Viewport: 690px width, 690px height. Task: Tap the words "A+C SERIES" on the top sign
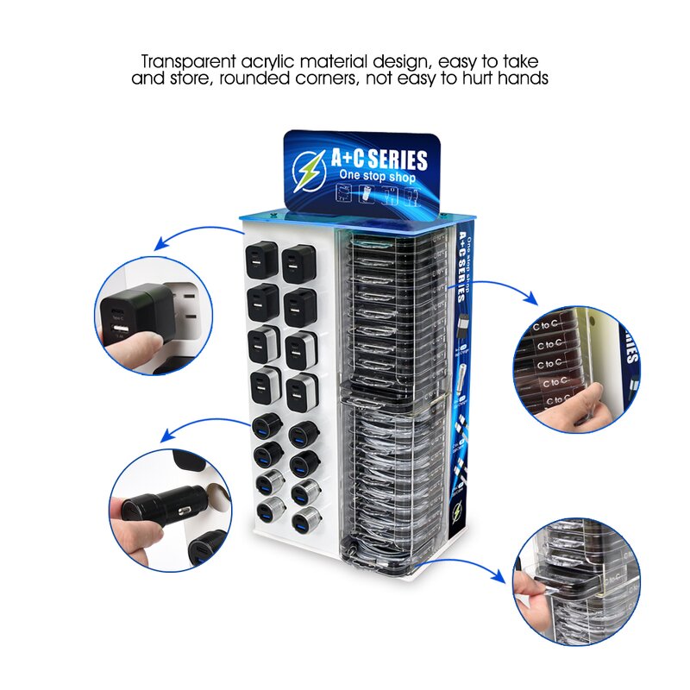pos(379,160)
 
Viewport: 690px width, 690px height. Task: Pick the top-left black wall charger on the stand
pos(261,258)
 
